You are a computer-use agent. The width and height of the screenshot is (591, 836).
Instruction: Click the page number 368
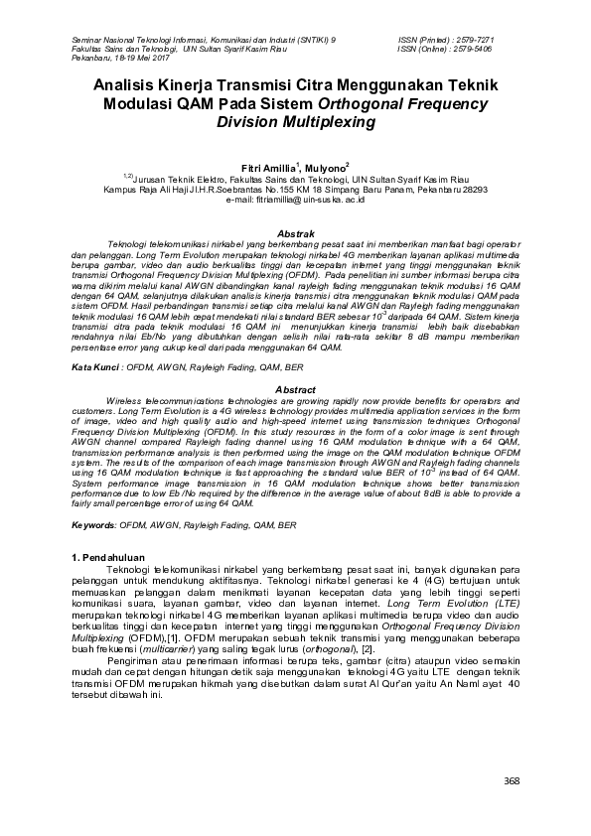tap(512, 781)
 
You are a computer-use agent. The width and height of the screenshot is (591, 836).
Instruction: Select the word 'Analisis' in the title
tap(127, 87)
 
